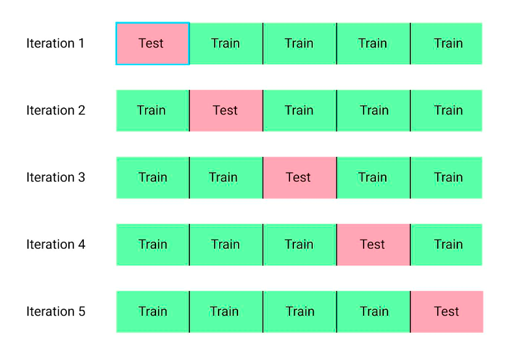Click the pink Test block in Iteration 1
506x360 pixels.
tap(153, 44)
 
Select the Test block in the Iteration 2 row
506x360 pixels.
tap(226, 111)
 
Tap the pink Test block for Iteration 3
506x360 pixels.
tap(300, 178)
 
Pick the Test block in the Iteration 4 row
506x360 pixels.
tap(373, 245)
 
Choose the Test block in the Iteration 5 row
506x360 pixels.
tap(447, 312)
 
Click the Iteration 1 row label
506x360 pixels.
tap(55, 43)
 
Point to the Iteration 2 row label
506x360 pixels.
tap(56, 111)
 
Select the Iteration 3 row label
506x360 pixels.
tap(56, 177)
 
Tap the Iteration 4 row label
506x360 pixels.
tap(56, 244)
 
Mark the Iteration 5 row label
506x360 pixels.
tap(56, 312)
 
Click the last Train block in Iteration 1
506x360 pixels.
tap(447, 44)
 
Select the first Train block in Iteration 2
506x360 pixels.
tap(153, 111)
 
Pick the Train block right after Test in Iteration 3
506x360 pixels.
tap(373, 178)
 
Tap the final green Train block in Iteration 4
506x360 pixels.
tap(447, 245)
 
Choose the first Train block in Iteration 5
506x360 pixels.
tap(153, 312)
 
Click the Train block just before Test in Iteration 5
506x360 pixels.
tap(373, 312)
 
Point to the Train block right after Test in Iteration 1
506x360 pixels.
tap(226, 44)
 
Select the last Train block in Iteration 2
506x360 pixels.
tap(447, 111)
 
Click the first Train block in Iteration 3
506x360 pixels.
tap(153, 178)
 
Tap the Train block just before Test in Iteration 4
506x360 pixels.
tap(300, 245)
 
